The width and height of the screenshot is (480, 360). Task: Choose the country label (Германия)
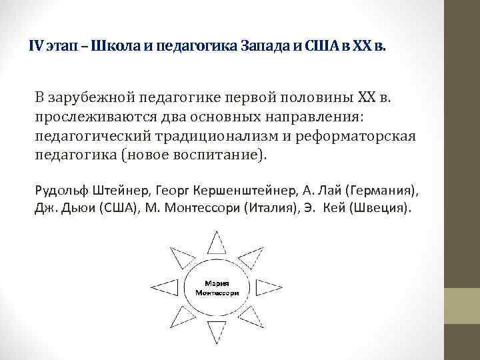tap(381, 190)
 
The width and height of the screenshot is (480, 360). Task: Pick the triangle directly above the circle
tap(217, 243)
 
